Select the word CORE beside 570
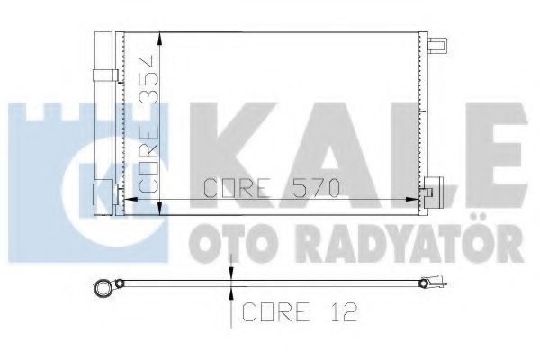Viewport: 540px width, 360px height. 237,189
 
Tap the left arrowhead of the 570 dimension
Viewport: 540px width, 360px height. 126,199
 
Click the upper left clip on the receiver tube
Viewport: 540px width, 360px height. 103,76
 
